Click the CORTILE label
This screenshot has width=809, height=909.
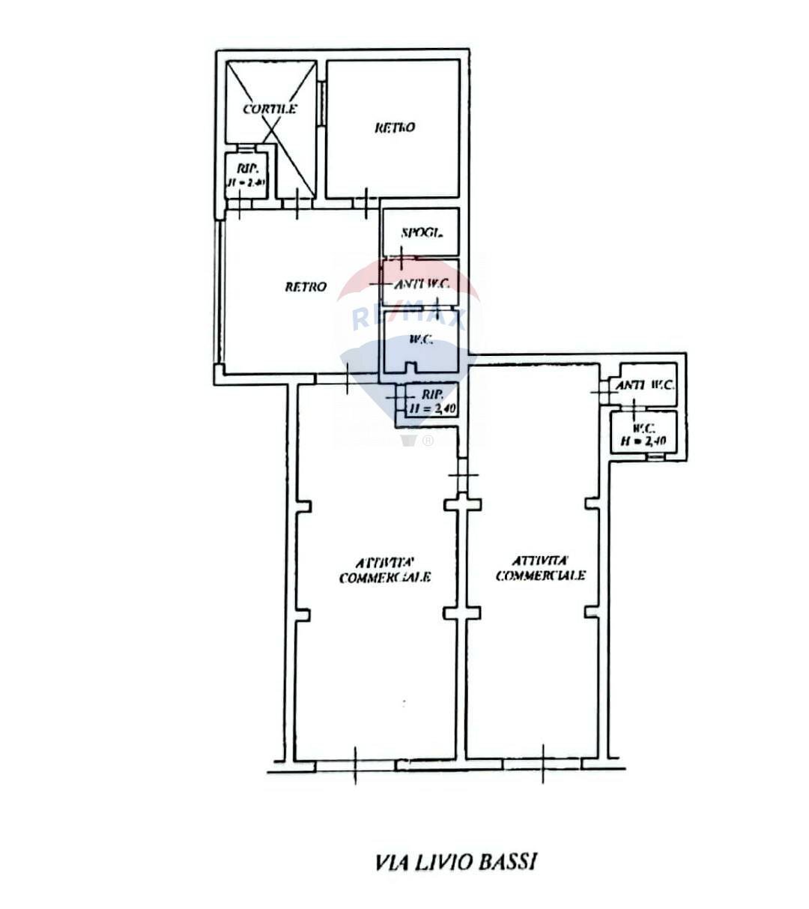pyautogui.click(x=270, y=109)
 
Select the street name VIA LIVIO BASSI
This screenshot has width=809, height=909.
pyautogui.click(x=455, y=862)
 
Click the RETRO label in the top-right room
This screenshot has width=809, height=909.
pyautogui.click(x=395, y=127)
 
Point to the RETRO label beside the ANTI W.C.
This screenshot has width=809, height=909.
pyautogui.click(x=306, y=286)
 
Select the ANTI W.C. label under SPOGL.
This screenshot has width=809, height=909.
pyautogui.click(x=421, y=283)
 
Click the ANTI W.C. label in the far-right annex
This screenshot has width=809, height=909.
pyautogui.click(x=645, y=385)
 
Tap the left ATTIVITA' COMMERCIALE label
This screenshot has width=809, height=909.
pyautogui.click(x=385, y=570)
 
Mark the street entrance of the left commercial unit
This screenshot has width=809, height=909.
pyautogui.click(x=355, y=765)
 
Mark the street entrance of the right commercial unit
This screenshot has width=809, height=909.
pyautogui.click(x=543, y=765)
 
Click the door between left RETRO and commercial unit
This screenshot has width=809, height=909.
pyautogui.click(x=348, y=380)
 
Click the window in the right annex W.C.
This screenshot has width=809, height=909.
pyautogui.click(x=655, y=456)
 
